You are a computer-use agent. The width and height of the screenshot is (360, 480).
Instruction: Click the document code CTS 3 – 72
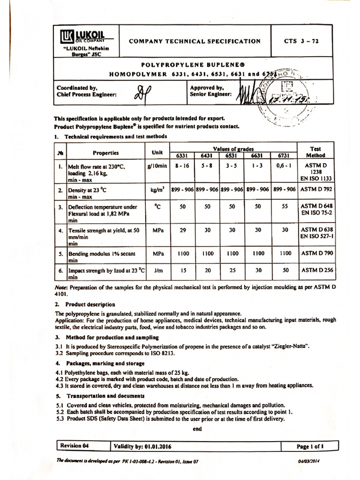(301, 41)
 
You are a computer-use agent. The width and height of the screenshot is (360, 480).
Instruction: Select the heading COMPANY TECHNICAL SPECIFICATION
(195, 41)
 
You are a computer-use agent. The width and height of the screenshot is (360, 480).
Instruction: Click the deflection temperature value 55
(284, 206)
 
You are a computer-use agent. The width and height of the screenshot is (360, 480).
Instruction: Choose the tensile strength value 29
(182, 230)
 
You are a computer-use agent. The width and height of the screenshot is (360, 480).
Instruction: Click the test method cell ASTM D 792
(315, 189)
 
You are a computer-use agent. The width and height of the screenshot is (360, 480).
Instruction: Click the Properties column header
(105, 152)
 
